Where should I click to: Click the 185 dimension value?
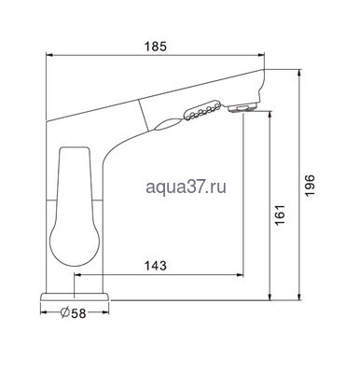[x=156, y=47]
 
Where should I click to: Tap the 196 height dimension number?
[x=310, y=186]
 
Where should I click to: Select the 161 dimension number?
[x=280, y=215]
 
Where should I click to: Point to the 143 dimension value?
[x=156, y=266]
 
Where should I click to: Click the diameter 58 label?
[x=74, y=313]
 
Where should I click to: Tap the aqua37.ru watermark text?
[x=186, y=187]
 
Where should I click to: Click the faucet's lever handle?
[x=75, y=206]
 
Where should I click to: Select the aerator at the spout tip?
[x=242, y=107]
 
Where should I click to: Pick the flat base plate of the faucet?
[x=75, y=297]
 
